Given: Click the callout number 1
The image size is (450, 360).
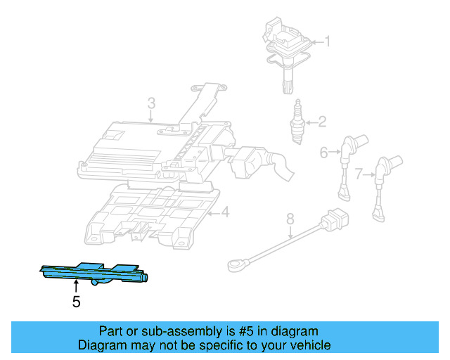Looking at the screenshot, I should click(x=326, y=41).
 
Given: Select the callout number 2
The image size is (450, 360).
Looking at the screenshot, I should click(x=322, y=122).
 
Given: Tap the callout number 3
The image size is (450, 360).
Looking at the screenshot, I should click(x=150, y=105).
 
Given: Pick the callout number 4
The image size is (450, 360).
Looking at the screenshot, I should click(x=224, y=212).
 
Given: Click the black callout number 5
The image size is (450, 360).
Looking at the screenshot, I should click(x=76, y=302).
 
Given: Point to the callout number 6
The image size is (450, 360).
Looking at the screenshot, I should click(x=324, y=152).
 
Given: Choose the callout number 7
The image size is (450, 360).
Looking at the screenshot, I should click(x=359, y=173).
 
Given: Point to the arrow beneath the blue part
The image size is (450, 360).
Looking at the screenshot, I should click(x=76, y=286).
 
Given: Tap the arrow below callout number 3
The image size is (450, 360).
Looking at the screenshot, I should click(x=150, y=120).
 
